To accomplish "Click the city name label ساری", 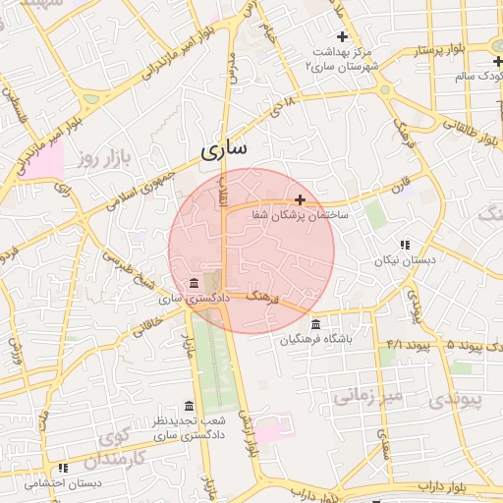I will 224,149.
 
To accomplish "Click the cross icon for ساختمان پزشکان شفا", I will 300,199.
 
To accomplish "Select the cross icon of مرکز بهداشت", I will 342,35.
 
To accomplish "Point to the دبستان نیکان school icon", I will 403,246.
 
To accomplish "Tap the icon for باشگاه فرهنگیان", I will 314,324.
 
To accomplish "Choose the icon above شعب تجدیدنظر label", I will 189,406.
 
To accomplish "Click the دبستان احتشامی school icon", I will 63,469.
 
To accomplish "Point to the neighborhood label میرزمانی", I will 367,396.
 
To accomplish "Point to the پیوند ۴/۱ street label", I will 408,345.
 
